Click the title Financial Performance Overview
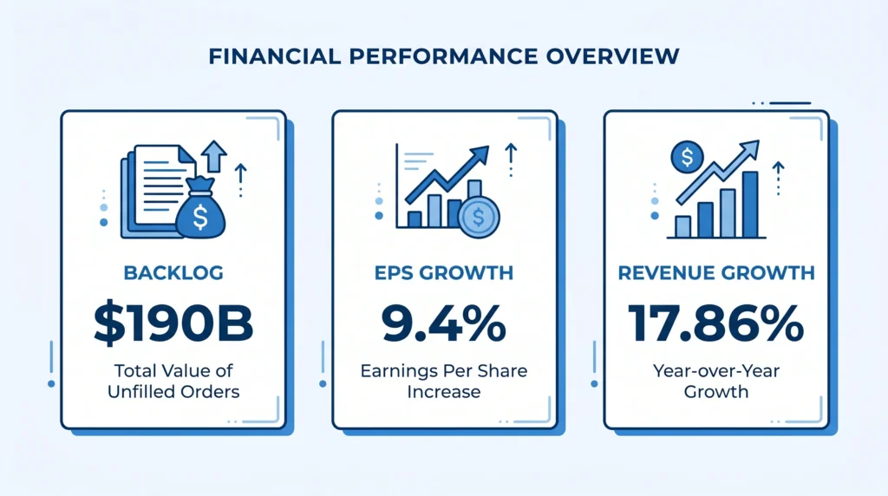pos(444,56)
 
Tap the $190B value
pos(173,323)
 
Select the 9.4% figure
pos(444,323)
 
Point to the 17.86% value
pos(716,323)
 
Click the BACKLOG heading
pos(173,273)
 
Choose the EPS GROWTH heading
pos(444,273)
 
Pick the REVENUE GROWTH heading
pos(716,273)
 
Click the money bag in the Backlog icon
pos(200,214)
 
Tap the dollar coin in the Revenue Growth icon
pos(687,158)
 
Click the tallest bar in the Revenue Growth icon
pos(750,204)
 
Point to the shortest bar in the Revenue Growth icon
pos(683,226)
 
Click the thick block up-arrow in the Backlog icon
pos(213,157)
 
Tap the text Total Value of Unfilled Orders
pos(173,381)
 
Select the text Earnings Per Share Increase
pos(444,381)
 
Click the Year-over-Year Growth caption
pos(716,381)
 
